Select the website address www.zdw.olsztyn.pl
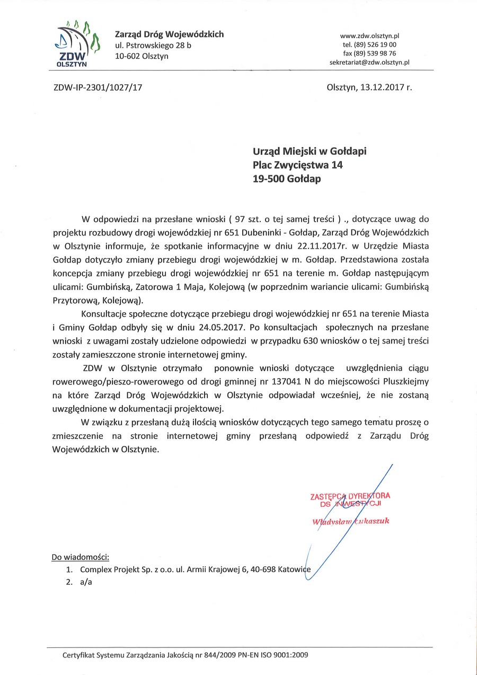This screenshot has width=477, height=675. [369, 36]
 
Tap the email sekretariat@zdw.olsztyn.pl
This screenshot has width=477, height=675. [369, 63]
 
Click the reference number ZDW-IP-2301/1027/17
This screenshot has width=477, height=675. [98, 88]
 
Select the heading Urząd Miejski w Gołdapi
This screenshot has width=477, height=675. [310, 152]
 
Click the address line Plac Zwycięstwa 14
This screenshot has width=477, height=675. [298, 165]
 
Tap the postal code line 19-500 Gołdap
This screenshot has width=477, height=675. [287, 179]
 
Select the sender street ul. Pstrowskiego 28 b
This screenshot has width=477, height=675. [153, 46]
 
